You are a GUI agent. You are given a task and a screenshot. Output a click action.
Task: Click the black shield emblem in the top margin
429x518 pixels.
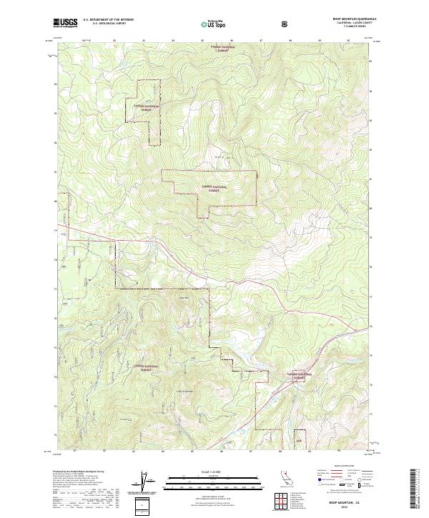pos(287,24)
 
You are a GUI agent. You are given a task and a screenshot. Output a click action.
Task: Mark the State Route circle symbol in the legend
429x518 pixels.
pos(362,485)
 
